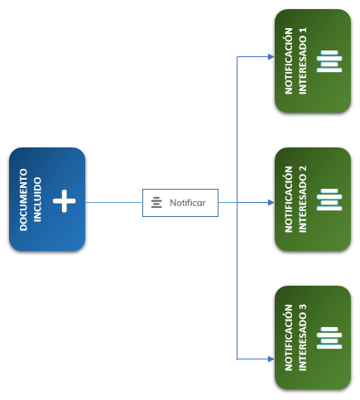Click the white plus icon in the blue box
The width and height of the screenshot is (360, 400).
coord(65,201)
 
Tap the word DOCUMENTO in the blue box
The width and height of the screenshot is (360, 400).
coord(23,200)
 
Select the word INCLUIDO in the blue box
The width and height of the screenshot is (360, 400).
coord(37,200)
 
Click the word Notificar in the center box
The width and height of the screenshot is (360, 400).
coord(188,203)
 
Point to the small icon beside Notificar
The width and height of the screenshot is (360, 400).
coord(156,203)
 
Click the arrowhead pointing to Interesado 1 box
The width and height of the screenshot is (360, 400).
coord(271,57)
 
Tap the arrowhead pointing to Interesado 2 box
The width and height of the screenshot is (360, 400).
coord(271,203)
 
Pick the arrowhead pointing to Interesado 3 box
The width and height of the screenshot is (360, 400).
coord(271,359)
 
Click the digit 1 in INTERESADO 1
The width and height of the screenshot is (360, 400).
coord(303,31)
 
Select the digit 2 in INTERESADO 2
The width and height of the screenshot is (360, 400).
coord(303,169)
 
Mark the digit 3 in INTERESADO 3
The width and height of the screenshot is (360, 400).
coord(303,307)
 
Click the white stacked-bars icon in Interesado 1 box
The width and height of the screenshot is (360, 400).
coord(329,61)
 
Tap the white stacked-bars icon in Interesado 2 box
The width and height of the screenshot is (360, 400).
coord(329,200)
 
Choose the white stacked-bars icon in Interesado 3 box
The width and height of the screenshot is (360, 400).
coord(329,338)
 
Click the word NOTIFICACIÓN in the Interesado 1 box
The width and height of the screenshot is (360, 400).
coord(288,61)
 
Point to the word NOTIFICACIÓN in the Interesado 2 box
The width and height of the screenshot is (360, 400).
coord(288,200)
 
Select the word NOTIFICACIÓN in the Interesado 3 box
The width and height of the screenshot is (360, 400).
coord(288,338)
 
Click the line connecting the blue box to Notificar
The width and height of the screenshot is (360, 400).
coord(114,202)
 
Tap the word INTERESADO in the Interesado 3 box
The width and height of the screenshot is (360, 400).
coord(303,343)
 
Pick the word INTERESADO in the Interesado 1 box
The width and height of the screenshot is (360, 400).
coord(303,66)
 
